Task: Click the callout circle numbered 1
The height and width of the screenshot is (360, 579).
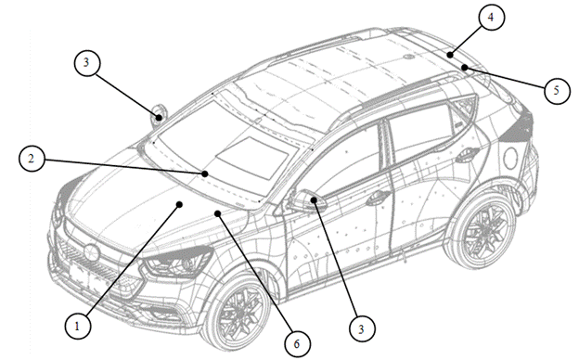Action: [x=78, y=326]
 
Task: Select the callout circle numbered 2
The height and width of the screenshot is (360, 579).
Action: [x=32, y=159]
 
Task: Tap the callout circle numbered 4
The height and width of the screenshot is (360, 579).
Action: [x=491, y=17]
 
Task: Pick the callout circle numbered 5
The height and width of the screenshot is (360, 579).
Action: [x=557, y=91]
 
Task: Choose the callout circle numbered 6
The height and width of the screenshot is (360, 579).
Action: [x=297, y=344]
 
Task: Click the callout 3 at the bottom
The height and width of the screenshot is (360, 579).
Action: [x=362, y=329]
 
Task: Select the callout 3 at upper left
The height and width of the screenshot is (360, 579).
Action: [x=87, y=62]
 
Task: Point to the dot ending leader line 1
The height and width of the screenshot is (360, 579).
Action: [x=179, y=204]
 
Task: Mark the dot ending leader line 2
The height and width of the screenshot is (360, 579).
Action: [x=205, y=174]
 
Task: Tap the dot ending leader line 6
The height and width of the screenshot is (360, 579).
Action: [x=218, y=213]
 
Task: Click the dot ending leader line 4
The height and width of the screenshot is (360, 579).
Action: [x=450, y=55]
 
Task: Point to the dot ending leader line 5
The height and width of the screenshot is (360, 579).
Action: [x=465, y=67]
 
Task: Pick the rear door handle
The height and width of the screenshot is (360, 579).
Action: [x=467, y=154]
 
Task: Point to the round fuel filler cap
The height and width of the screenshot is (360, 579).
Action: [x=510, y=159]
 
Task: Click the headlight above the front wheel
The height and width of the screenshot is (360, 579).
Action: [x=178, y=263]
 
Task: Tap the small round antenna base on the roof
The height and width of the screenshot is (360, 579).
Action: [x=407, y=57]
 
